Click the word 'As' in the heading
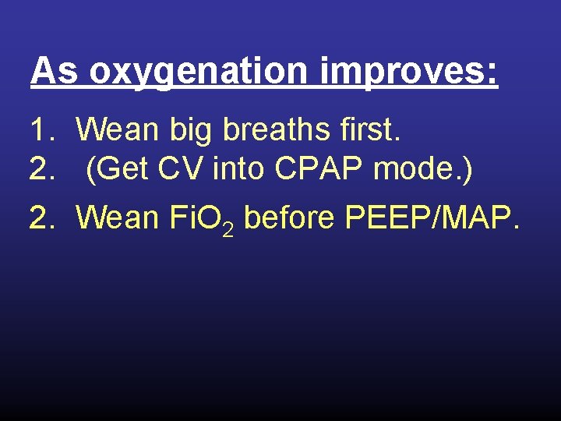click(x=55, y=73)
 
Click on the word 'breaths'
click(x=278, y=130)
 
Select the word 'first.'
click(x=372, y=130)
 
